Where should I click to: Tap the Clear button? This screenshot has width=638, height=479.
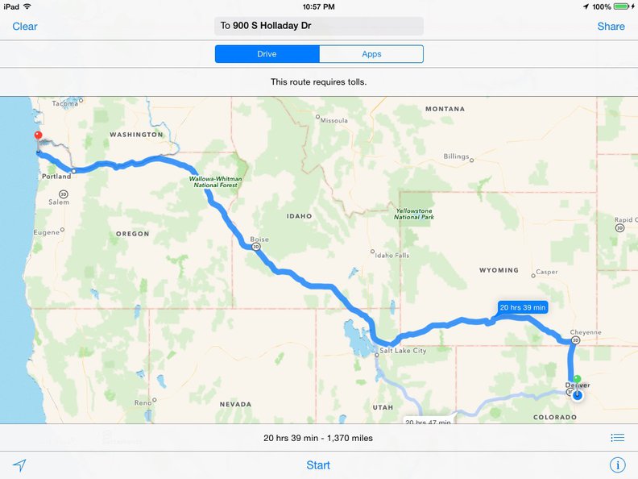point(25,26)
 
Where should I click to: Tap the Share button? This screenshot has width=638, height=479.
point(611,26)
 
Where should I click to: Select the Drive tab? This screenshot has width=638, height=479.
point(267,54)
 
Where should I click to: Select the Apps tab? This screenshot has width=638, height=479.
point(371,54)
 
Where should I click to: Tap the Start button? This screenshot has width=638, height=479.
point(318,464)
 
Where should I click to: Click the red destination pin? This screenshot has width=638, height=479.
point(37,137)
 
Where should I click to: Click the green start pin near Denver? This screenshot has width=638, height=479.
point(577,378)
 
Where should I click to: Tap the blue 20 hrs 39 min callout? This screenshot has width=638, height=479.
point(523,307)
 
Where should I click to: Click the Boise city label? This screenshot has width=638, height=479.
point(259,240)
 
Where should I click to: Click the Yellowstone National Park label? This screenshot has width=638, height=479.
point(415,215)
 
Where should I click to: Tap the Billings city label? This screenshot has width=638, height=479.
point(456,156)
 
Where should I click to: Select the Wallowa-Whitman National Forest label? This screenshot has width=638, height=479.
point(215,181)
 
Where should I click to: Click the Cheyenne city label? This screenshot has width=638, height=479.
point(586,331)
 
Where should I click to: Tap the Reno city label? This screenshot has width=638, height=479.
point(143,402)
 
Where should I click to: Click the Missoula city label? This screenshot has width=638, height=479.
point(333,120)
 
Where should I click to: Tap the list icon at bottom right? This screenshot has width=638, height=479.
point(617,438)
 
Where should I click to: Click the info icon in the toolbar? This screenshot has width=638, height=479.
point(617,464)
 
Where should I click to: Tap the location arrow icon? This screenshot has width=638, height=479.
point(19,464)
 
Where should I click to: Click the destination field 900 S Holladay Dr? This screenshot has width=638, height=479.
point(319,26)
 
